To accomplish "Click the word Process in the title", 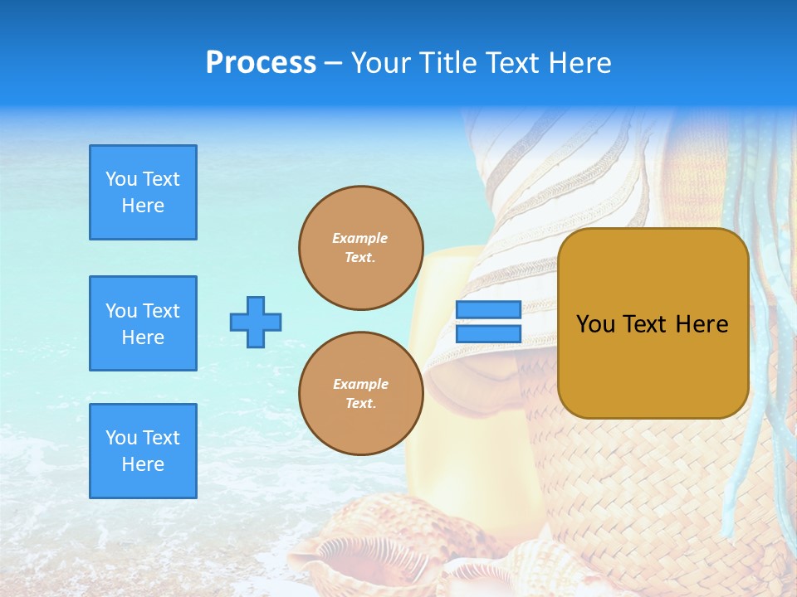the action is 261,63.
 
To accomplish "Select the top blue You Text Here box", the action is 143,192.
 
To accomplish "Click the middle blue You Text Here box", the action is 143,323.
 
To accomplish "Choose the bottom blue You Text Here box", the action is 143,451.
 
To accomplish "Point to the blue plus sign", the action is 256,322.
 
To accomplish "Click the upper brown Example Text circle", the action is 360,248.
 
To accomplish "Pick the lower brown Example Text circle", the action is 360,394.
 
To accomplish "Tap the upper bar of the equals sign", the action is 488,310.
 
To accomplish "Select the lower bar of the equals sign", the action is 488,333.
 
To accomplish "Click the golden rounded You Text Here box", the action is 653,323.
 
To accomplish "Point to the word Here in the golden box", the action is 702,324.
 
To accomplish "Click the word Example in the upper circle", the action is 360,238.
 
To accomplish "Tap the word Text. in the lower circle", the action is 360,404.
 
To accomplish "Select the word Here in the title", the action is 580,63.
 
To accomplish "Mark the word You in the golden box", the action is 595,324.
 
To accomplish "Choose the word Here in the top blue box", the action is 143,206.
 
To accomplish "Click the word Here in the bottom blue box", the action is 143,464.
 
